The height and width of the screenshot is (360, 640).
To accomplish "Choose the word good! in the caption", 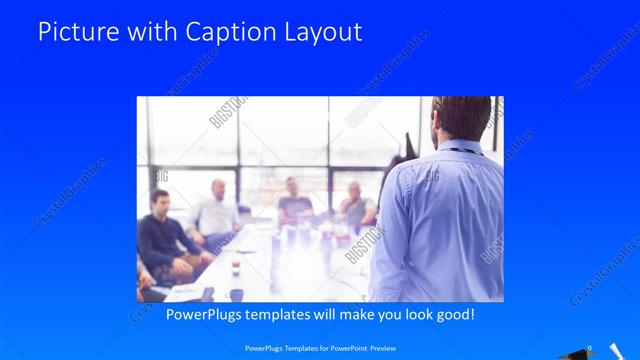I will pos(452,314).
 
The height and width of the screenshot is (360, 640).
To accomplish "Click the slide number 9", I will pos(590,348).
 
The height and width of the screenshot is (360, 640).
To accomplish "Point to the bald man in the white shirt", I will pos(217,207).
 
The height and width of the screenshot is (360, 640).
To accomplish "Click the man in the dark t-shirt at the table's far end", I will pos(293,200).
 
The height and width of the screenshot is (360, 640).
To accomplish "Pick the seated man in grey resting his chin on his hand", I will pos(355,205).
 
